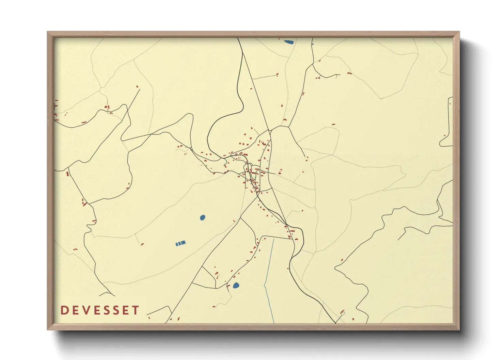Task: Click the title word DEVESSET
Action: [100, 310]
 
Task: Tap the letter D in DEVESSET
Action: [64, 310]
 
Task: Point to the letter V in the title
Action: [85, 310]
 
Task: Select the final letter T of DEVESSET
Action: [136, 310]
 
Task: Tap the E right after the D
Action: [75, 310]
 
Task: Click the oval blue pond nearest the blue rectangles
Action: [203, 217]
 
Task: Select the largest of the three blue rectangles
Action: [183, 243]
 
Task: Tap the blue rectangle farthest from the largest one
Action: [177, 244]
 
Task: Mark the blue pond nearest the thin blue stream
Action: [236, 285]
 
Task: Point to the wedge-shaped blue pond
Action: [289, 42]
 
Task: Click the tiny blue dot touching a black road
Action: [313, 44]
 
